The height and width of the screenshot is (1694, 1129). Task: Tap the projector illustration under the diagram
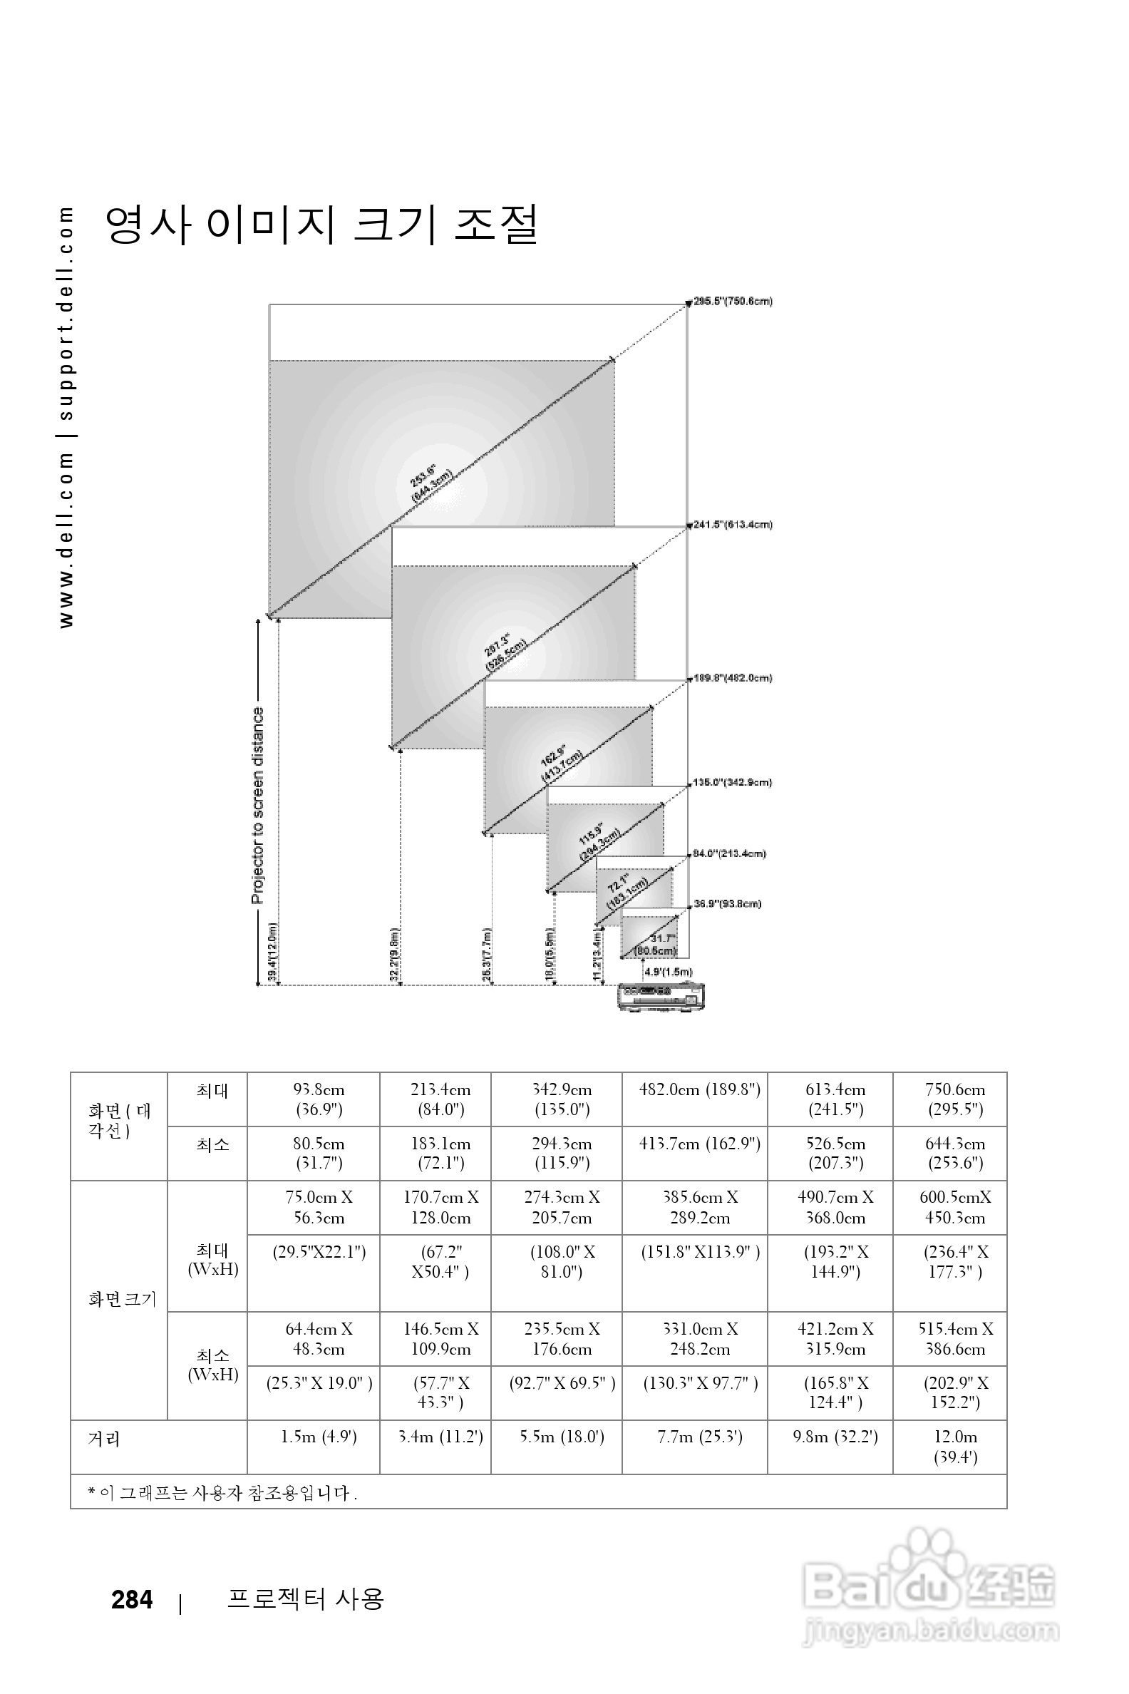pyautogui.click(x=661, y=996)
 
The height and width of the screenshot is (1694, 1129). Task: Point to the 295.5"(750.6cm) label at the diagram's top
pyautogui.click(x=732, y=302)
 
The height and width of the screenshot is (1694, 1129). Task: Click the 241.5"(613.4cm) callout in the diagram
pyautogui.click(x=732, y=524)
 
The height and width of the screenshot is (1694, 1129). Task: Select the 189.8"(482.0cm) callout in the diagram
pyautogui.click(x=732, y=678)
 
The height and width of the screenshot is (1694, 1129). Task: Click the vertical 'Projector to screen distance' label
pyautogui.click(x=258, y=804)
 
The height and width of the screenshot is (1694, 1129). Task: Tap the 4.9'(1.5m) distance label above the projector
pyautogui.click(x=668, y=972)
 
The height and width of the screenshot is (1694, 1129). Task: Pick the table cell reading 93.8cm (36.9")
pyautogui.click(x=319, y=1099)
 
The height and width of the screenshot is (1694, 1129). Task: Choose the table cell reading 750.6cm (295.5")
pyautogui.click(x=955, y=1099)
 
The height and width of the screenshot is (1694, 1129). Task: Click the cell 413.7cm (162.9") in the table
pyautogui.click(x=699, y=1144)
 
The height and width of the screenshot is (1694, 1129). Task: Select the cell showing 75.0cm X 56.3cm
pyautogui.click(x=319, y=1207)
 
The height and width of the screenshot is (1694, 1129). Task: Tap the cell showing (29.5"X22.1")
pyautogui.click(x=319, y=1253)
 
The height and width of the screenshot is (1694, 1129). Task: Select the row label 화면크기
pyautogui.click(x=122, y=1298)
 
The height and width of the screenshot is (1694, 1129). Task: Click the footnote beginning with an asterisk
pyautogui.click(x=223, y=1493)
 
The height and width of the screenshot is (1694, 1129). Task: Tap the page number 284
pyautogui.click(x=132, y=1600)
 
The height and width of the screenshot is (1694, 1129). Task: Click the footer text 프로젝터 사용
pyautogui.click(x=305, y=1599)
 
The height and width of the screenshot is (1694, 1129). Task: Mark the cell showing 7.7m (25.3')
pyautogui.click(x=699, y=1437)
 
